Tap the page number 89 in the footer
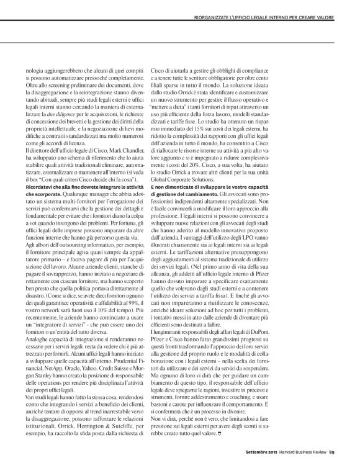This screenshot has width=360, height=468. click(x=349, y=451)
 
